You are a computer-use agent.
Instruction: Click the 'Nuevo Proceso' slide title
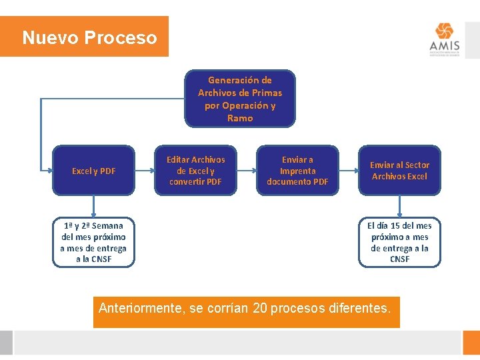tap(89, 37)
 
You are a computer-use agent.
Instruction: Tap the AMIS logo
tap(444, 41)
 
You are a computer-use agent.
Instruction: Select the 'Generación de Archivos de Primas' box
tap(240, 99)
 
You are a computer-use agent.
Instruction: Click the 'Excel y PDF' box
tap(94, 171)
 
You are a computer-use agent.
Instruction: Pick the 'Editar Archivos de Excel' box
tap(196, 171)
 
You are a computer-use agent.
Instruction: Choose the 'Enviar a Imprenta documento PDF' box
tap(297, 171)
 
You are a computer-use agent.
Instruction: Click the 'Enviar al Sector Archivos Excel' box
tap(399, 171)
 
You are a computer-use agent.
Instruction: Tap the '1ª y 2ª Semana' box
tap(93, 242)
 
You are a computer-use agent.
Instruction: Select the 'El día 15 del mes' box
tap(399, 242)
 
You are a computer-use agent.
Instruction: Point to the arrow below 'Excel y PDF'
tap(94, 206)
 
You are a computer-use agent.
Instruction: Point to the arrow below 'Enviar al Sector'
tap(399, 206)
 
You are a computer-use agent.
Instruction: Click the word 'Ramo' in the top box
tap(240, 118)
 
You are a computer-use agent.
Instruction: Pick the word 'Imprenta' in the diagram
tap(297, 171)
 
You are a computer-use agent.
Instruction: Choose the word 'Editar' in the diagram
tap(178, 159)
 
